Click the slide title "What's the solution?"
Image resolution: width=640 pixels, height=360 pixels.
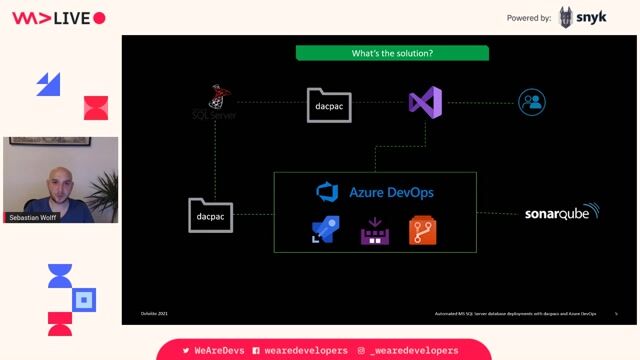click(392, 53)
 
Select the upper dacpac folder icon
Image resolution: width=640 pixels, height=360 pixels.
click(330, 104)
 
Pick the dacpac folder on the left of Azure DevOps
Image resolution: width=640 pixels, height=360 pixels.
click(210, 214)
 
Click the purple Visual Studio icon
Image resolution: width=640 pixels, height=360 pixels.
click(425, 102)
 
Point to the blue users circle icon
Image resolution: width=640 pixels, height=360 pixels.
click(532, 102)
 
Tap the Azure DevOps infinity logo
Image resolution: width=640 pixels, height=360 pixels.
click(327, 192)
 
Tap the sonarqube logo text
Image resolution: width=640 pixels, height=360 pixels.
click(561, 213)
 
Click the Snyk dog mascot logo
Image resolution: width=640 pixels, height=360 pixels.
click(567, 17)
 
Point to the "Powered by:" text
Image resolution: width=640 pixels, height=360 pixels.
click(529, 18)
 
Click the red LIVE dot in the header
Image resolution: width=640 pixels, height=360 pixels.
click(99, 18)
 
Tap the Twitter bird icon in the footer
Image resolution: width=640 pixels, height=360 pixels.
click(186, 351)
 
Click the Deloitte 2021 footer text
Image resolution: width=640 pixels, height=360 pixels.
click(154, 314)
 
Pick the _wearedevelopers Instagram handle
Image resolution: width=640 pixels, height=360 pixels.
click(414, 351)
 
